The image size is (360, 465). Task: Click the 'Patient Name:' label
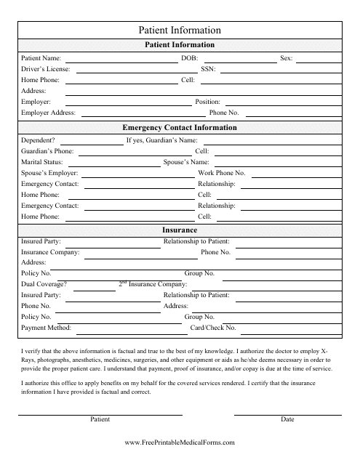(x=41, y=57)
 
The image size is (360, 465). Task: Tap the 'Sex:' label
(x=287, y=57)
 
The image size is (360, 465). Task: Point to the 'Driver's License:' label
(x=46, y=68)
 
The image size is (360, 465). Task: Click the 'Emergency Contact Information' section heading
(x=180, y=128)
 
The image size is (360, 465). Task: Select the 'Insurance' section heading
(x=180, y=230)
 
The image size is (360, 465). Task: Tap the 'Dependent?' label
(x=39, y=139)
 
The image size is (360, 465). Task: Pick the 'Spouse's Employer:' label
(x=49, y=174)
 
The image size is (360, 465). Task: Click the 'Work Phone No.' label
(x=222, y=174)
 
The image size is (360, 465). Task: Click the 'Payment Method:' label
(x=47, y=328)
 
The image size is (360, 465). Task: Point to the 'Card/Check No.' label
(x=213, y=328)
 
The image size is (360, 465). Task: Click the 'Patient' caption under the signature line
(x=100, y=420)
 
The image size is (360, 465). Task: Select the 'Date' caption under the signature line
(x=287, y=420)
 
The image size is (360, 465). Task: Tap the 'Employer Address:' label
(x=48, y=113)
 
